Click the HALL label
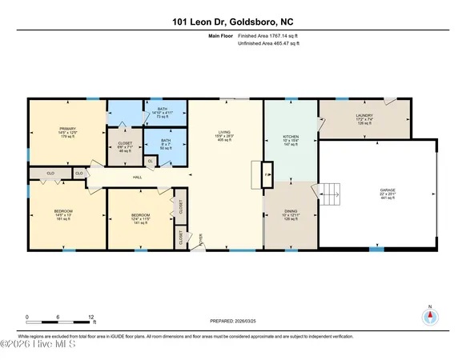coord(138,177)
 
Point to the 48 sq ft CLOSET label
coord(125,147)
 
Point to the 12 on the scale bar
coord(92,318)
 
